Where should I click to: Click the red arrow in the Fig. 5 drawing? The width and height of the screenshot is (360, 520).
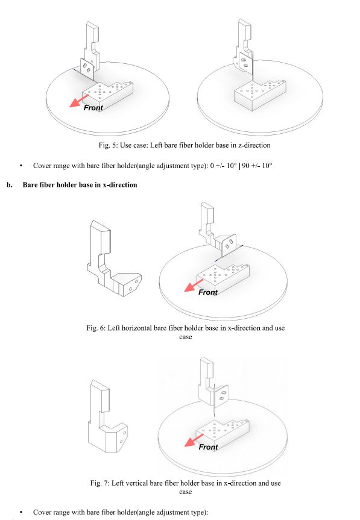click(x=78, y=101)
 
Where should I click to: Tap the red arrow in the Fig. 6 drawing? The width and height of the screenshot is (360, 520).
click(x=194, y=285)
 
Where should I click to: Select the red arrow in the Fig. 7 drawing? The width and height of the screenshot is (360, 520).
click(x=194, y=440)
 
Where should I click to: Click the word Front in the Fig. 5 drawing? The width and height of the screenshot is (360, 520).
click(x=93, y=108)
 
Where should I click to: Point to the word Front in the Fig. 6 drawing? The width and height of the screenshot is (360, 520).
click(x=208, y=292)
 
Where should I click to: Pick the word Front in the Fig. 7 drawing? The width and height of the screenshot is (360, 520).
click(x=209, y=447)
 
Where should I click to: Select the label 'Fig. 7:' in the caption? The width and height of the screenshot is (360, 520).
click(x=99, y=483)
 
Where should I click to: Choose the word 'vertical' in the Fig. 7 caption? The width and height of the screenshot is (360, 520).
click(x=137, y=483)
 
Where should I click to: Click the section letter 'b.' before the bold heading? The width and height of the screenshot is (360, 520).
click(x=10, y=185)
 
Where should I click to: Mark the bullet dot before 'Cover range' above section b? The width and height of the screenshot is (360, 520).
click(x=21, y=166)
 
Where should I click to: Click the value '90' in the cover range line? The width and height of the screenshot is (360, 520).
click(x=245, y=166)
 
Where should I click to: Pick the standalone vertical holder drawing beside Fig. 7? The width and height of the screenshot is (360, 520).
click(x=107, y=416)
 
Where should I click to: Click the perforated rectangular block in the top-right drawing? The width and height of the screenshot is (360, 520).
click(x=260, y=95)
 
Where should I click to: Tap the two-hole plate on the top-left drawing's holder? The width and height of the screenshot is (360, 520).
click(x=87, y=68)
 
